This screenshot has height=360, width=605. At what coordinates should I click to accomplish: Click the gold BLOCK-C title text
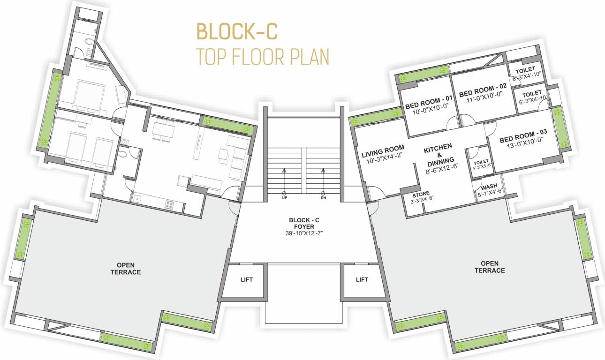(237, 31)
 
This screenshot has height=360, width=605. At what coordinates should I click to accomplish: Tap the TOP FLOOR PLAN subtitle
(263, 56)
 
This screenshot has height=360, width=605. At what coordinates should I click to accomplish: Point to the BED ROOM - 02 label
(483, 88)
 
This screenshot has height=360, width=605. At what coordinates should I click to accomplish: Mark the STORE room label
(421, 195)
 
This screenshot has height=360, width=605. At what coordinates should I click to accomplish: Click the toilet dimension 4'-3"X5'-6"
(481, 165)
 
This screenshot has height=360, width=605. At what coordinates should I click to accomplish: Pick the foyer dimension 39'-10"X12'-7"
(304, 233)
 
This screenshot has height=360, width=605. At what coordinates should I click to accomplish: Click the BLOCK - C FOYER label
(304, 223)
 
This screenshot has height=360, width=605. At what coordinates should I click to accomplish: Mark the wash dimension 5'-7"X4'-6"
(489, 191)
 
